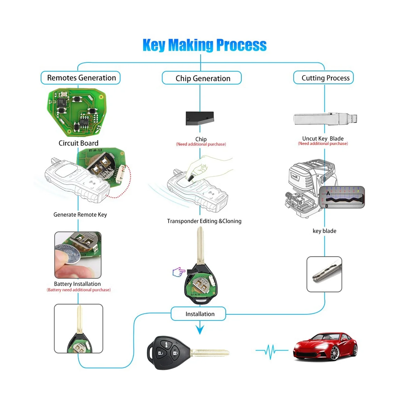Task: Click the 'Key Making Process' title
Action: click(x=205, y=45)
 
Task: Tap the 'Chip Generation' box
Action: click(x=202, y=78)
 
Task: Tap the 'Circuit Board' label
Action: click(x=78, y=143)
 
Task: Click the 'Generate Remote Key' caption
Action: click(x=80, y=215)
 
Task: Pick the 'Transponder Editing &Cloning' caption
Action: click(x=204, y=221)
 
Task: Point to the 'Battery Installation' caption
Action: click(x=77, y=284)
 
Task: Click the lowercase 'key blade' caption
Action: click(x=324, y=231)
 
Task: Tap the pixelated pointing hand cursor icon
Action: click(x=178, y=272)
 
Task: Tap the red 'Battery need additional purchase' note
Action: click(x=79, y=290)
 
